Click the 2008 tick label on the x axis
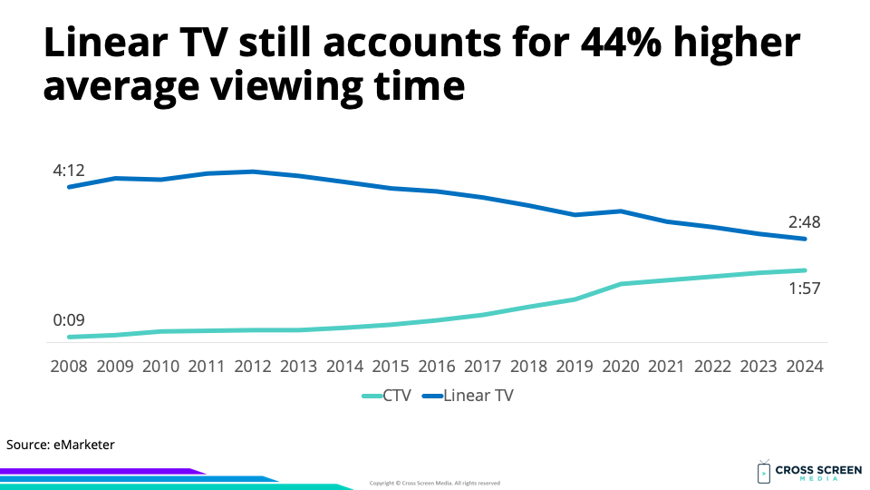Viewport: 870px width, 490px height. pyautogui.click(x=69, y=367)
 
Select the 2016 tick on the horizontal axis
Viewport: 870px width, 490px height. pyautogui.click(x=437, y=367)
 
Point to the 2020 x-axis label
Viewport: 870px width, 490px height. pyautogui.click(x=621, y=367)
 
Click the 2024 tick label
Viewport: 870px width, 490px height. pyautogui.click(x=805, y=367)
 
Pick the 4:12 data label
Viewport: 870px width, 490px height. pyautogui.click(x=69, y=170)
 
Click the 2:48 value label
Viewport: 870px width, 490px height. pyautogui.click(x=805, y=221)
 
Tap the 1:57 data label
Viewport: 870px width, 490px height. pyautogui.click(x=805, y=289)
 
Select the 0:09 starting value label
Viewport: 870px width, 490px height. pyautogui.click(x=69, y=319)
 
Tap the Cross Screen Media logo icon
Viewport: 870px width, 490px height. pyautogui.click(x=763, y=472)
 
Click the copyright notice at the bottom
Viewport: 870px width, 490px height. pyautogui.click(x=435, y=483)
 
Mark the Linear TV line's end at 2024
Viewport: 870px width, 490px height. pyautogui.click(x=805, y=239)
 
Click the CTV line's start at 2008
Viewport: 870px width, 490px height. pyautogui.click(x=70, y=337)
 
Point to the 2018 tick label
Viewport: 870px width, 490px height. pyautogui.click(x=529, y=367)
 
